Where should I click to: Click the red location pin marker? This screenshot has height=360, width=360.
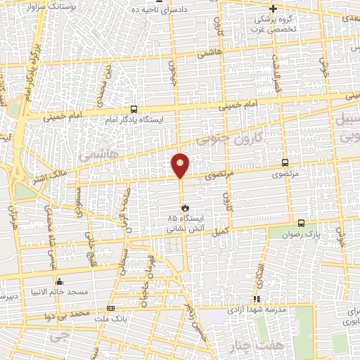point(181,165)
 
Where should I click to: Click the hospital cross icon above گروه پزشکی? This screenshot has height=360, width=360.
point(274,9)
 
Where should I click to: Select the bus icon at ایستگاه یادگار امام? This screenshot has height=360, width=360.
point(134,109)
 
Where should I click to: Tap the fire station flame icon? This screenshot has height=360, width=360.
point(184,208)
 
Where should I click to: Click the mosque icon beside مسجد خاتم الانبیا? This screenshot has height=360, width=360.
point(60,282)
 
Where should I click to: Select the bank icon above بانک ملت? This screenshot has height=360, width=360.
point(109,308)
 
